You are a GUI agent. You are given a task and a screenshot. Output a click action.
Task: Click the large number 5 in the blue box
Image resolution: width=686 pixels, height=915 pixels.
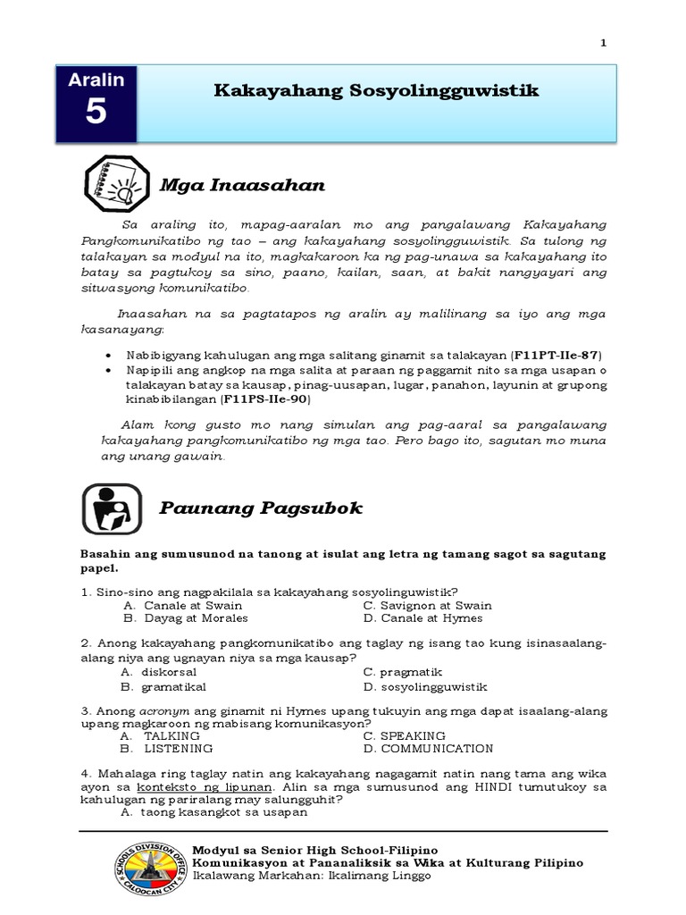pos(96,114)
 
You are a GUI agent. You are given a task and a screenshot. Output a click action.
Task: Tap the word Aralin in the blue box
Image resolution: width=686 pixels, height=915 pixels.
pos(96,80)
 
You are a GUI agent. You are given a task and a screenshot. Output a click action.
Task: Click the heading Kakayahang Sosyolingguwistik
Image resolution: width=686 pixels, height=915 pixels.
pos(377,91)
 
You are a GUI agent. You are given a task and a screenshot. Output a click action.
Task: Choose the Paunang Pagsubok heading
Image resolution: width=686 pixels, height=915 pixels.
pos(261,508)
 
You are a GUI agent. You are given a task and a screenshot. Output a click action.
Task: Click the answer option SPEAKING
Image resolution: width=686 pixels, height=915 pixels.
pos(412,735)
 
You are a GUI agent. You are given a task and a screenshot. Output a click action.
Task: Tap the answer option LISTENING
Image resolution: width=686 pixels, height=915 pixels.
pos(179,749)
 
